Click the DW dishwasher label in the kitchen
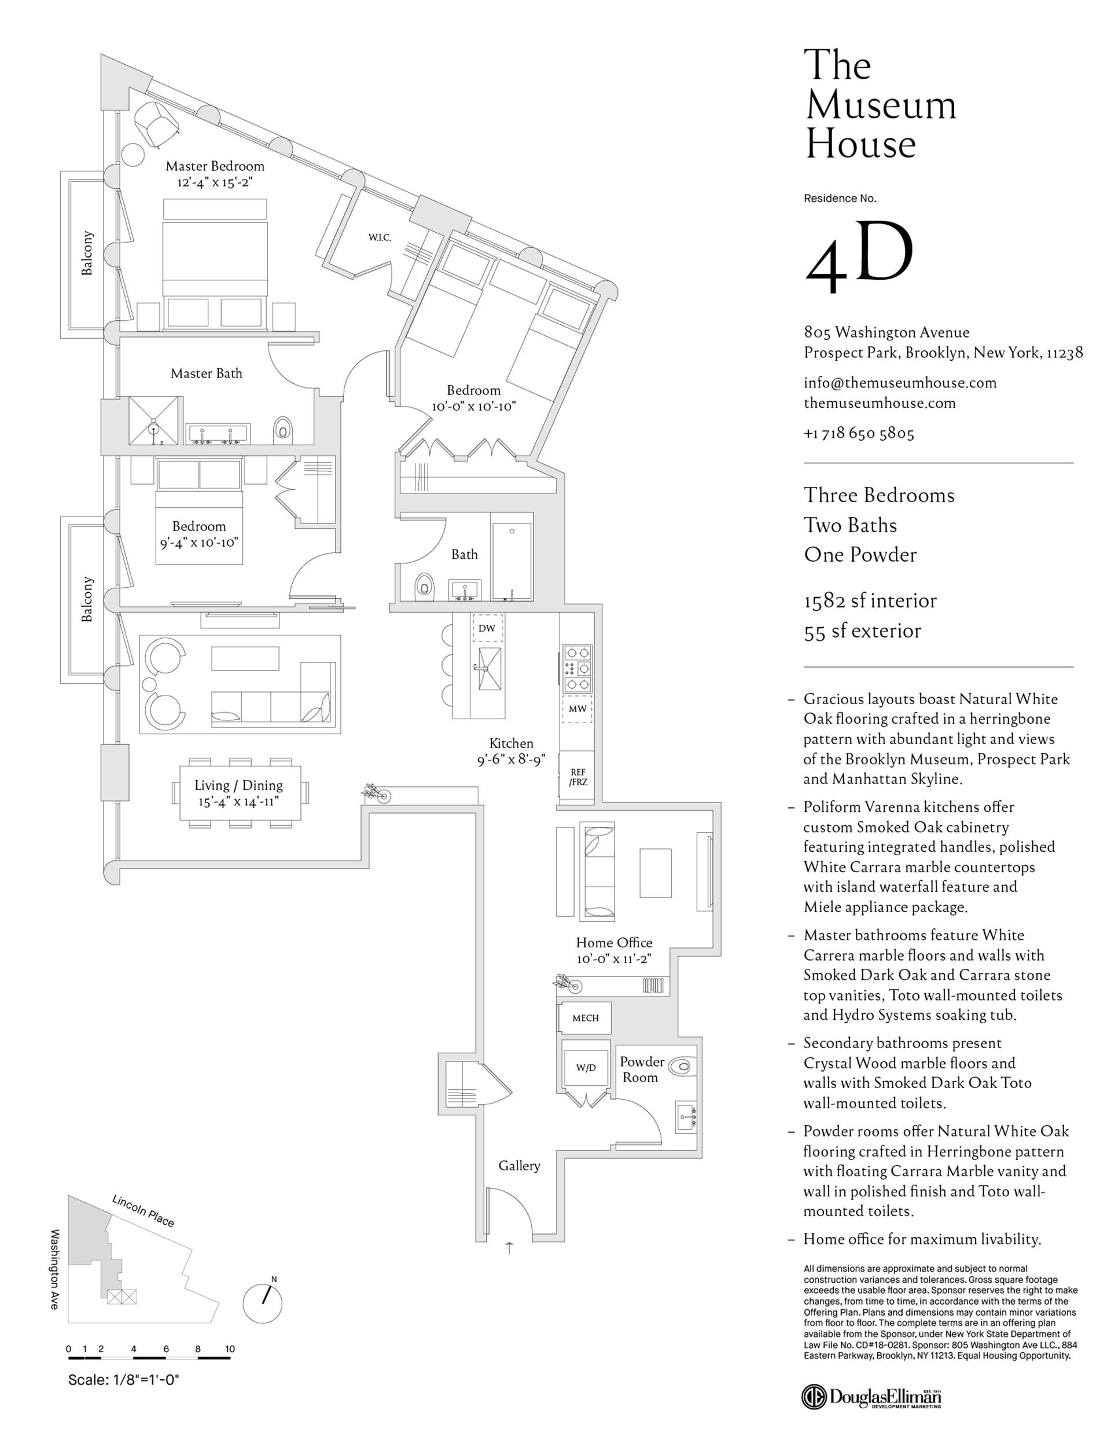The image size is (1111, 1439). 487,628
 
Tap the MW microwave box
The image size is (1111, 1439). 577,709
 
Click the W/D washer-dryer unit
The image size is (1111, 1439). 586,1067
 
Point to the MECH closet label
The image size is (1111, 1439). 585,1018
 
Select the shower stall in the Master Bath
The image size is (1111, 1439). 153,421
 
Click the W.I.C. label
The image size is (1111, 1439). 380,237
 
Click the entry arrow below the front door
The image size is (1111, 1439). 509,1247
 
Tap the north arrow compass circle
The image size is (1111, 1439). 263,1303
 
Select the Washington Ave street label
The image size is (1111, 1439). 56,1268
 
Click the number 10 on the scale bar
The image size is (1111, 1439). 229,1349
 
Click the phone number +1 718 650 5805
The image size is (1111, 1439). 859,433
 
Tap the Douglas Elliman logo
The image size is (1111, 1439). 871,1396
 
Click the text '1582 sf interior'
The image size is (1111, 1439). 869,601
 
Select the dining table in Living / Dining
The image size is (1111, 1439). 240,793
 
